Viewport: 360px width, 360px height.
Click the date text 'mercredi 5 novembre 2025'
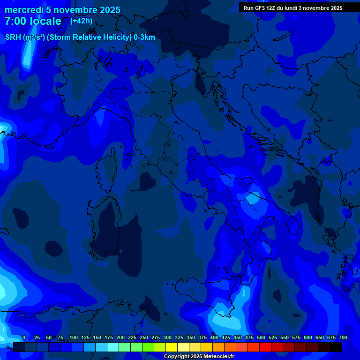point(62,10)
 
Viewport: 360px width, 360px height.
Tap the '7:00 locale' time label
point(33,22)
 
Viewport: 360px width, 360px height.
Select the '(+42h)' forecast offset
point(81,21)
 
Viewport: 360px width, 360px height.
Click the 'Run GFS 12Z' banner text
point(259,8)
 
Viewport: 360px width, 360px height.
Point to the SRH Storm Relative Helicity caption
point(80,37)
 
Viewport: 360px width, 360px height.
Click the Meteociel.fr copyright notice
point(199,357)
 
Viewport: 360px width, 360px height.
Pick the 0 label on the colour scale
point(24,338)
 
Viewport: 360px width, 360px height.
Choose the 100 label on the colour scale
point(74,338)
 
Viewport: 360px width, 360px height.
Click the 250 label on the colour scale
point(144,338)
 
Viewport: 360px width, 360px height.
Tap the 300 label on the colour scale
point(167,338)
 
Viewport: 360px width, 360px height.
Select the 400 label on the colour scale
point(214,338)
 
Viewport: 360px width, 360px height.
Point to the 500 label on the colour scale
point(261,338)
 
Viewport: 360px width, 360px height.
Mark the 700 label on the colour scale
point(343,338)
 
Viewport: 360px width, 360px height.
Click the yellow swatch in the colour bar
point(172,347)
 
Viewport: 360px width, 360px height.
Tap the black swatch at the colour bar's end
point(336,347)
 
